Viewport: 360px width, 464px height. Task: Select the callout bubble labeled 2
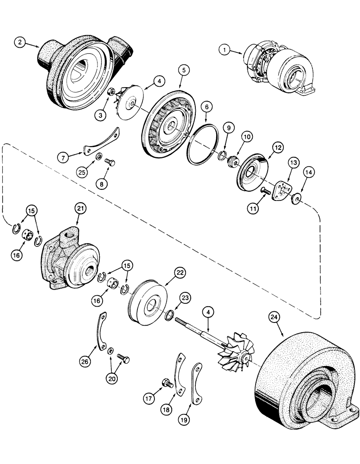(19, 42)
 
